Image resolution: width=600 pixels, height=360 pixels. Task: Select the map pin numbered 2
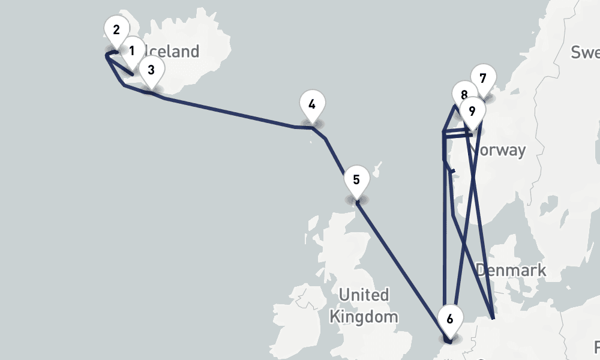(116, 30)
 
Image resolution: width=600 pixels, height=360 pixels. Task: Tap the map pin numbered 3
(151, 70)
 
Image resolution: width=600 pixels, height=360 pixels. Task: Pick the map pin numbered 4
(312, 105)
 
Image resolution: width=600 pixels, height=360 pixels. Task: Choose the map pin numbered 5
(356, 180)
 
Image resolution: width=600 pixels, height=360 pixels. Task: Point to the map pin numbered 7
(483, 78)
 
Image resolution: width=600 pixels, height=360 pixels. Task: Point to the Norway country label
(501, 150)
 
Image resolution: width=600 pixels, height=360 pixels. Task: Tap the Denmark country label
(511, 270)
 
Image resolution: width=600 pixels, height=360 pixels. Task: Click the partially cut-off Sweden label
(585, 52)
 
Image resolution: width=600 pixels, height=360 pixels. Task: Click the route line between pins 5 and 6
(402, 258)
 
